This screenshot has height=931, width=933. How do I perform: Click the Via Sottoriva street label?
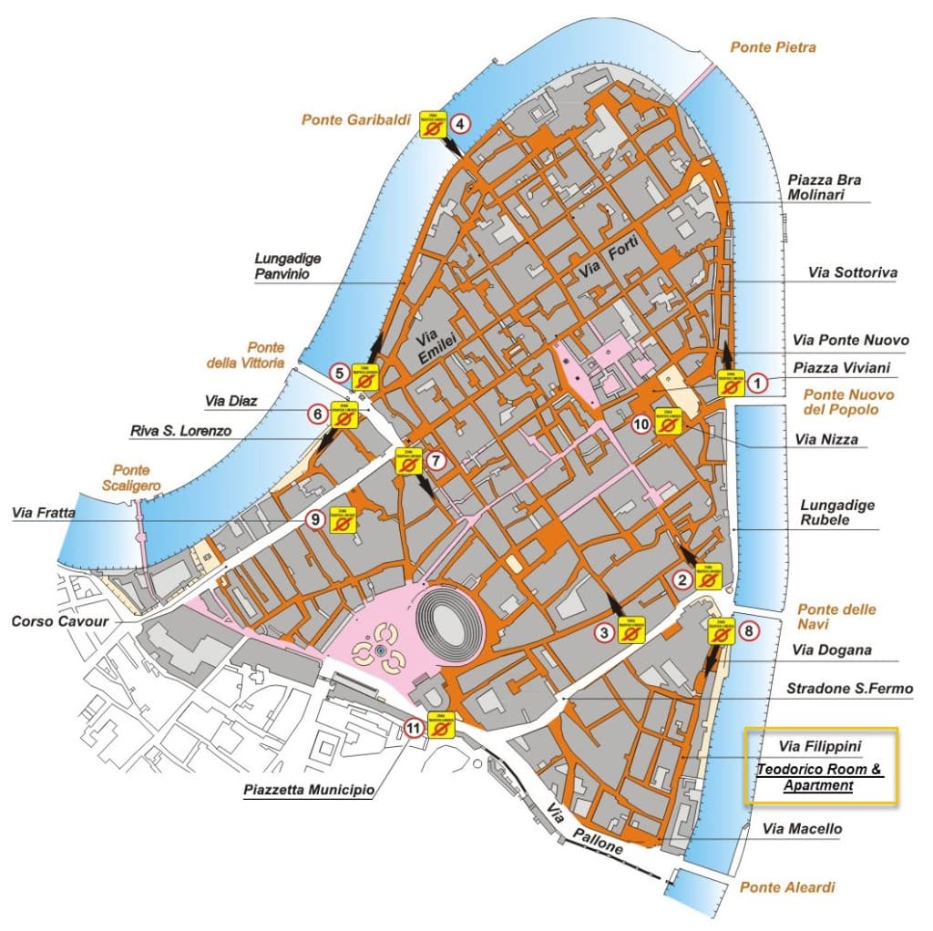853,272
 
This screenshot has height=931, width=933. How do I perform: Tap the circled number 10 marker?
642,424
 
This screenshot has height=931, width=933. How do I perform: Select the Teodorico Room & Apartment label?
819,777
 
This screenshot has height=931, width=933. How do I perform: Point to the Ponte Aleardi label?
787,887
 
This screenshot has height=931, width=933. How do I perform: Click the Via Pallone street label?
584,827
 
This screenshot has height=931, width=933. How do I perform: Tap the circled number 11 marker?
415,728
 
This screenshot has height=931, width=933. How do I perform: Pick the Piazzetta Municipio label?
309,790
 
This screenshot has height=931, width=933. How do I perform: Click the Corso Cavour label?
60,621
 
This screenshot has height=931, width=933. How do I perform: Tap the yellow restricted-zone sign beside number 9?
344,519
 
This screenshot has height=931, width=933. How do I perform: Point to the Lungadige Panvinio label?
287,265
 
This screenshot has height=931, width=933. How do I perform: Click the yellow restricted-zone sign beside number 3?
631,630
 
